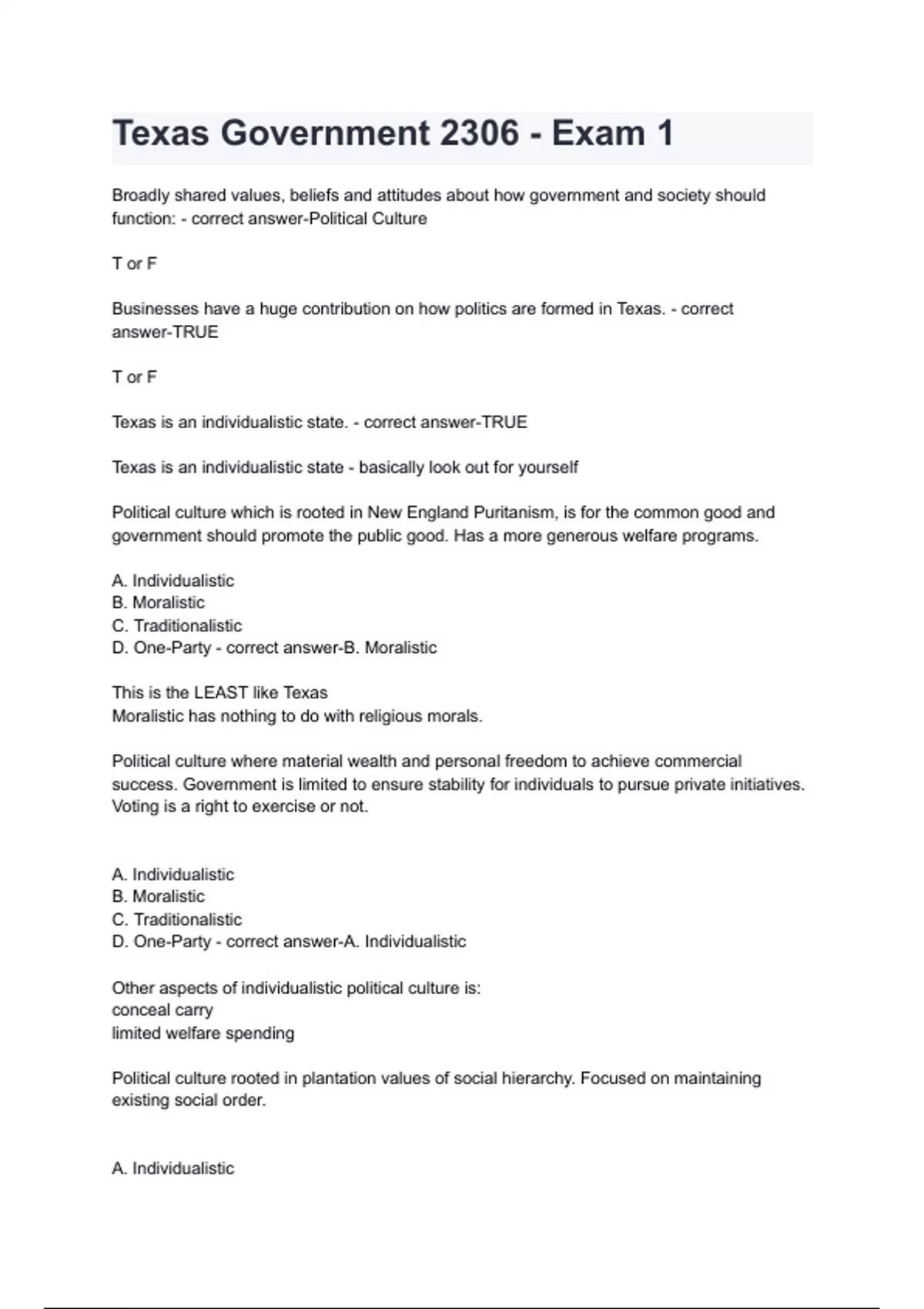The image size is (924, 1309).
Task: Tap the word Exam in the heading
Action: tap(598, 133)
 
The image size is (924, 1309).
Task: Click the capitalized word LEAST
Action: tap(221, 693)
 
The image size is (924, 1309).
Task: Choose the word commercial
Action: tap(698, 762)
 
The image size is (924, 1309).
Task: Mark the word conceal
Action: tap(136, 1010)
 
